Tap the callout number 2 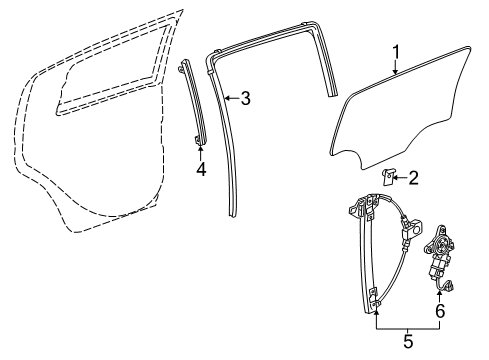pos(412,177)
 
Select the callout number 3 pos(245,98)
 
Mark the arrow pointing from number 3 pos(230,98)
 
